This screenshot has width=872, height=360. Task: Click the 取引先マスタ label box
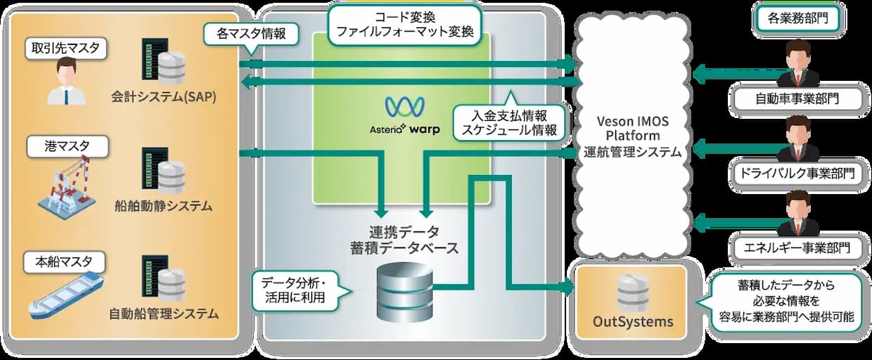click(66, 49)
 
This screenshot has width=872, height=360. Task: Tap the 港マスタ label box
click(68, 146)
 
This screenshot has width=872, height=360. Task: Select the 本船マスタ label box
click(64, 262)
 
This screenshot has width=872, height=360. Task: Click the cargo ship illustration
click(66, 296)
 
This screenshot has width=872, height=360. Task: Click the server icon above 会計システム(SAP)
click(163, 61)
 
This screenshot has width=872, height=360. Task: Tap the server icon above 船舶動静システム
click(163, 170)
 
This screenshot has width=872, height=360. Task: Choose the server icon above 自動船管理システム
click(163, 278)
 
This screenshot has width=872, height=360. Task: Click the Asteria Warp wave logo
click(405, 107)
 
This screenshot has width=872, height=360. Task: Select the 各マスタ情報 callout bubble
click(251, 34)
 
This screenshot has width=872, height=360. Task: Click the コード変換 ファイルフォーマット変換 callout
click(405, 25)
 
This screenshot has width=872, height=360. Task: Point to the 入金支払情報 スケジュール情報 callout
click(510, 122)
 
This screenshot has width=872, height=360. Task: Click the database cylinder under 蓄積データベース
click(405, 292)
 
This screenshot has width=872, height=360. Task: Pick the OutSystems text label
click(633, 321)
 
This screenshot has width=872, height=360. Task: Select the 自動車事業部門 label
click(797, 99)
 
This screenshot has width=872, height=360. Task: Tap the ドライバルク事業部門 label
click(797, 173)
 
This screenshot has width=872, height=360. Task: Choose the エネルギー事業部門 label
click(797, 247)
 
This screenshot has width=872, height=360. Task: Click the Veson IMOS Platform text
click(633, 129)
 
